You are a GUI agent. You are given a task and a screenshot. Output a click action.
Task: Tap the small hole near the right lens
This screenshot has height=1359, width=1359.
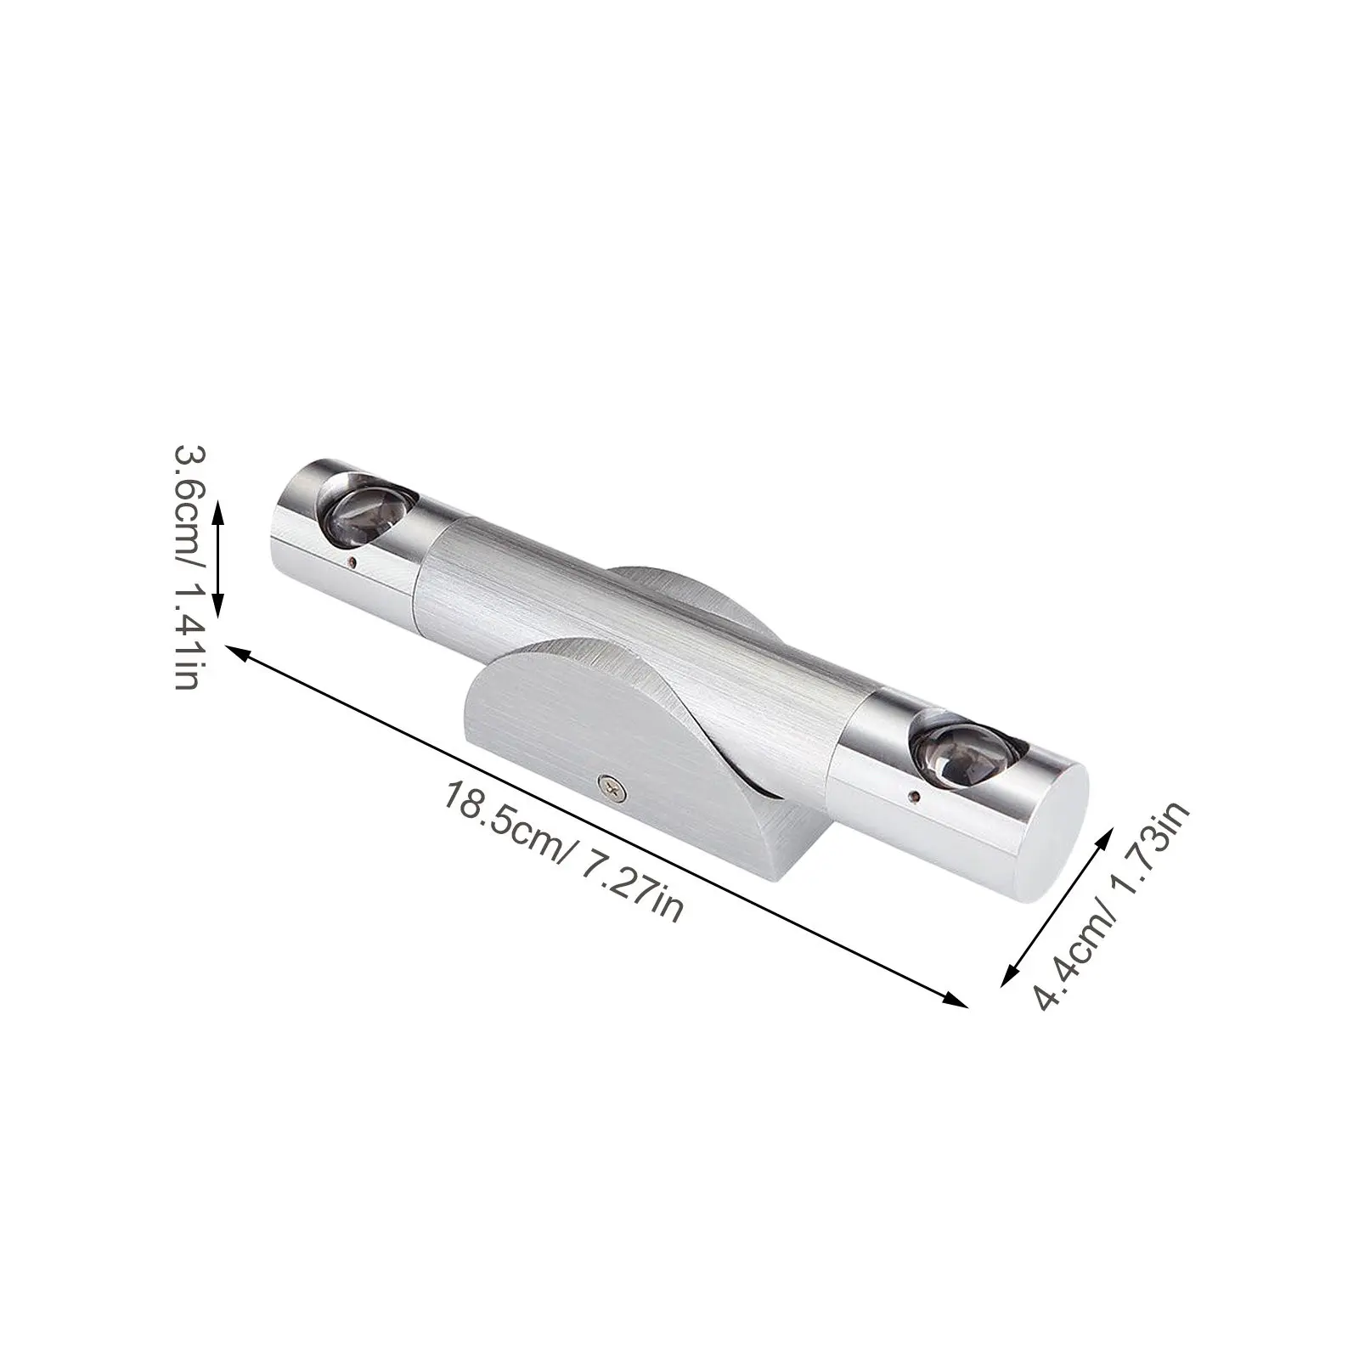click(x=913, y=796)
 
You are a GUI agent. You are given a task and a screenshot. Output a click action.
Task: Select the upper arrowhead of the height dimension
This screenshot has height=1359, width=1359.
click(x=218, y=508)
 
